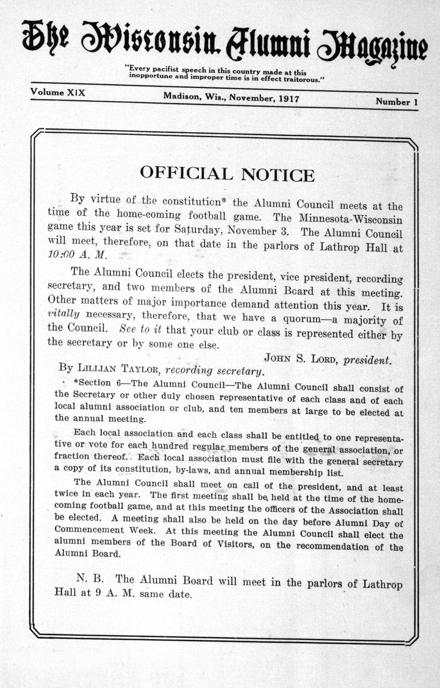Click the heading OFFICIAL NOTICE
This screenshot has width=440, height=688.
(227, 174)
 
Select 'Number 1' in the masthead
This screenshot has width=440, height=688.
(397, 102)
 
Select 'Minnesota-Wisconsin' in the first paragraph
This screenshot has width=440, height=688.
(351, 219)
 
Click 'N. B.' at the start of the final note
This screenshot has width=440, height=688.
(90, 578)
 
